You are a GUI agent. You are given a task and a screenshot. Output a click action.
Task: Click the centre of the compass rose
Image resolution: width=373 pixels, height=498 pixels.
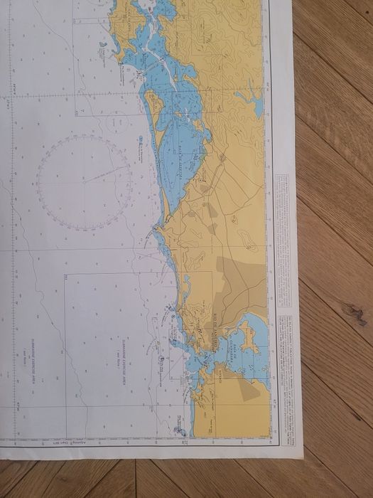click(x=85, y=182)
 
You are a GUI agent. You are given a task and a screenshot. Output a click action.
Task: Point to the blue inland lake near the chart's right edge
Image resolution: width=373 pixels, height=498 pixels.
click(x=257, y=105)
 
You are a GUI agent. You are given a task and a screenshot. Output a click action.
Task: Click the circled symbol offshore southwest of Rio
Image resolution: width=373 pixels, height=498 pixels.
click(x=162, y=361)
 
